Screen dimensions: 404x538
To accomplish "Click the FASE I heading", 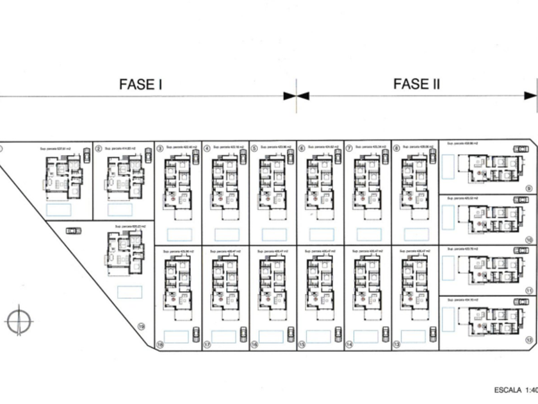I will tap(140, 84).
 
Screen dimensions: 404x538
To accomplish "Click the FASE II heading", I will tap(416, 84).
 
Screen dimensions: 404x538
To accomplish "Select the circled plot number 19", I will tap(142, 326).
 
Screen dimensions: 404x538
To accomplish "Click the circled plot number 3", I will tap(159, 148).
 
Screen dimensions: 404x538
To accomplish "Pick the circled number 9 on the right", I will tap(528, 188).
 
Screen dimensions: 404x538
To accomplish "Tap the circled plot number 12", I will tap(528, 341).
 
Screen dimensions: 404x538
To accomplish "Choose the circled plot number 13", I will tap(396, 344).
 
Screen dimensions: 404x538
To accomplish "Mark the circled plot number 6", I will tap(302, 148).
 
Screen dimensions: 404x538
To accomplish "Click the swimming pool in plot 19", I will tap(129, 292).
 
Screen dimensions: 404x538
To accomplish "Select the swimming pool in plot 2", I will tap(120, 210).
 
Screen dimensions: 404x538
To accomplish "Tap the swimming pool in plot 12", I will tap(448, 319).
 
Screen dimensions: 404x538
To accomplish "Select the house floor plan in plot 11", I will tap(493, 269).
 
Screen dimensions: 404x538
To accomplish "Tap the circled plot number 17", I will tap(207, 344).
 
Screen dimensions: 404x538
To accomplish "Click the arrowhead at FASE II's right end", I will tap(531, 96).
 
